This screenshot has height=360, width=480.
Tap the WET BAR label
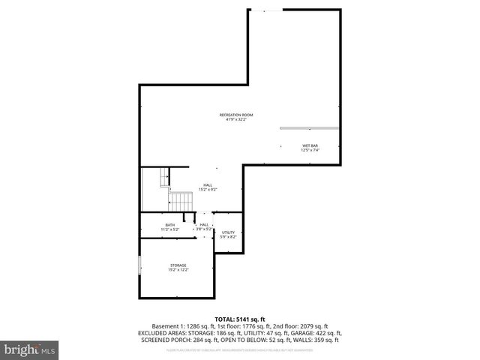(310, 145)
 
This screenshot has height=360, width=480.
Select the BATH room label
(170, 225)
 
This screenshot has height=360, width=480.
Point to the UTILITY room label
(228, 232)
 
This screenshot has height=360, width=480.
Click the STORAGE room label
(178, 265)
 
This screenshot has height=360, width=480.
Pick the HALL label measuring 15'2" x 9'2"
(207, 185)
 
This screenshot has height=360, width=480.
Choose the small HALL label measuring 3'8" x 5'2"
(204, 224)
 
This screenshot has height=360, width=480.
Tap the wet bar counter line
(310, 128)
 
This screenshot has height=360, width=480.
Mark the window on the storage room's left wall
(140, 267)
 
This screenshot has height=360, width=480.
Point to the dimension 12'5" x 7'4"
(310, 150)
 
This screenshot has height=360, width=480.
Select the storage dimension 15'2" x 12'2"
(178, 269)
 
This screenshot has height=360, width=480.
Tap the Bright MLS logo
(30, 349)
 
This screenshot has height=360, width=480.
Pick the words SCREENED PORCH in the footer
(163, 339)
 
